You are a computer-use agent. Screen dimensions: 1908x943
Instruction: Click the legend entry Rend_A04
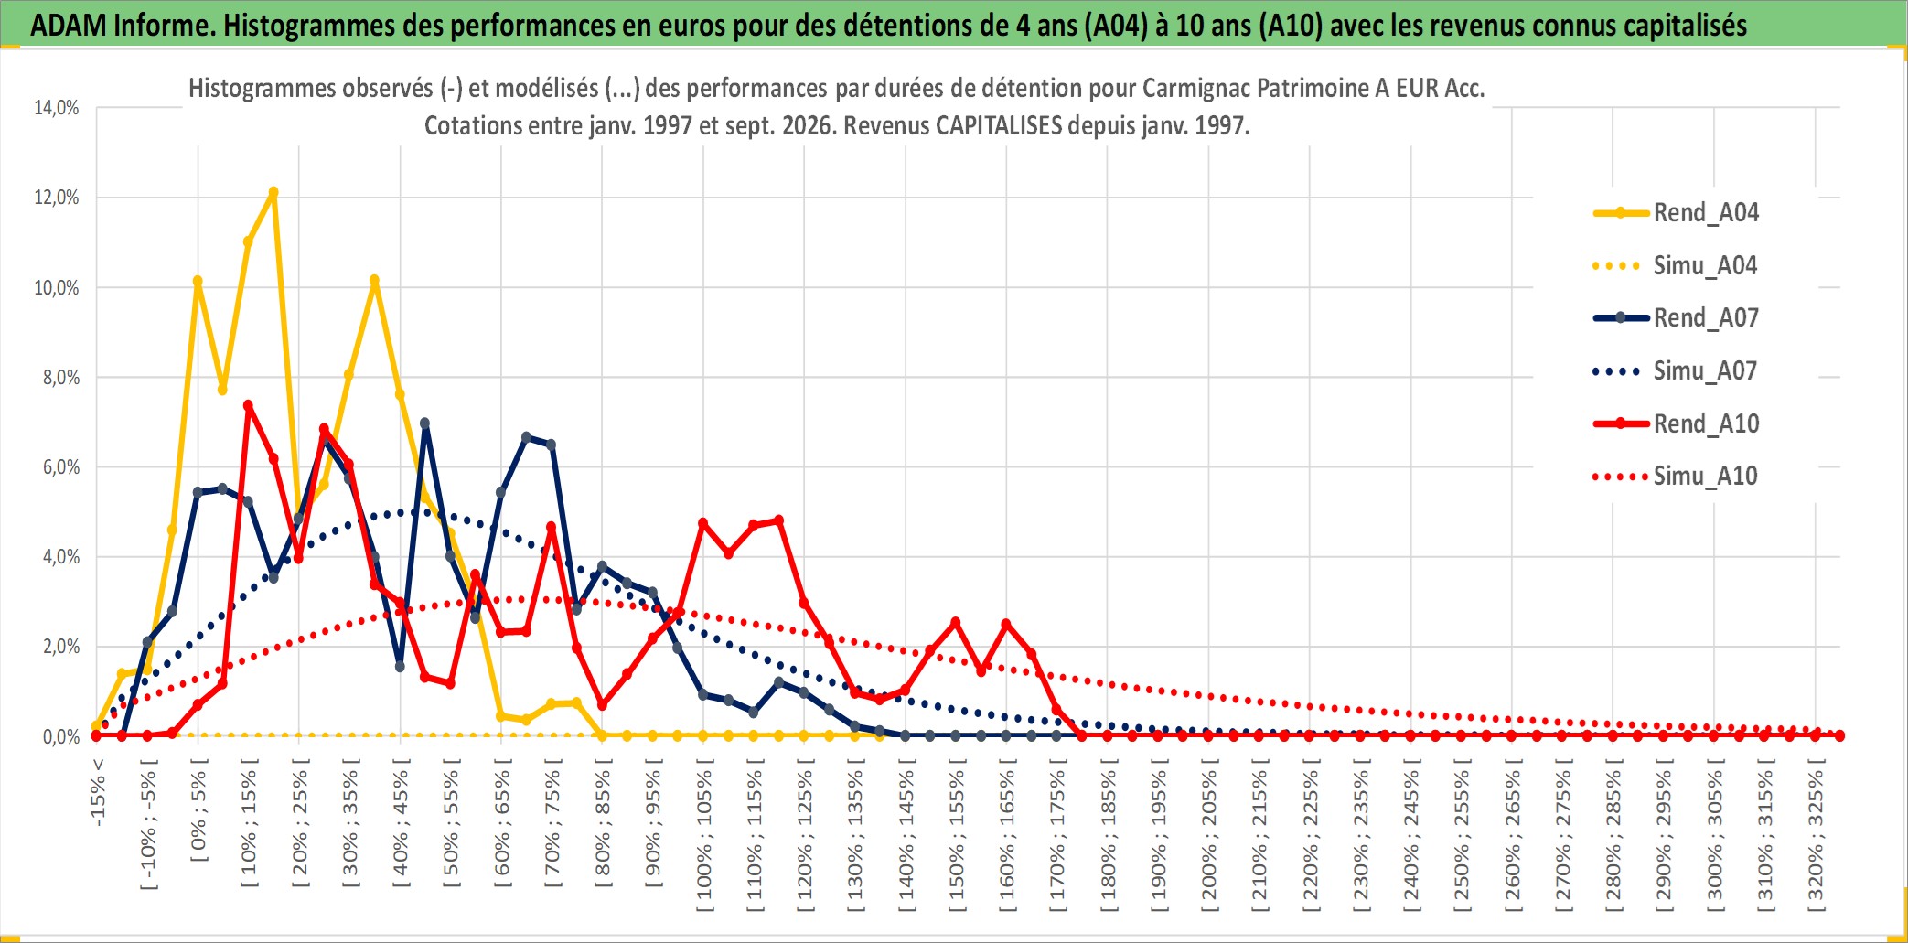click(1676, 213)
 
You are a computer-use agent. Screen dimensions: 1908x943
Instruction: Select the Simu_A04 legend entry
click(1675, 266)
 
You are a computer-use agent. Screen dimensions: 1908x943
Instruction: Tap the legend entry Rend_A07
click(1676, 318)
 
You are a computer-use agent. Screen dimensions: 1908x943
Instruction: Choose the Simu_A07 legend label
click(1675, 371)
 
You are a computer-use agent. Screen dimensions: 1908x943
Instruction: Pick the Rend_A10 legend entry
click(1676, 424)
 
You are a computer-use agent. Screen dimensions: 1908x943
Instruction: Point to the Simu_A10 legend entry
click(1675, 477)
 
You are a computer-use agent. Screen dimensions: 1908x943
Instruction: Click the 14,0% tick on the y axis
click(57, 108)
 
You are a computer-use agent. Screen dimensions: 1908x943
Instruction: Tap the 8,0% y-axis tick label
click(61, 378)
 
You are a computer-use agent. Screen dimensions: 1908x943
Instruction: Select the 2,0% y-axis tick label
click(61, 647)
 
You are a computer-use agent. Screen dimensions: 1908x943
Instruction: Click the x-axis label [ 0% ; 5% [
click(198, 809)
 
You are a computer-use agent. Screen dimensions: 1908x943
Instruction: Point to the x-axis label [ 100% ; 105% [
click(704, 834)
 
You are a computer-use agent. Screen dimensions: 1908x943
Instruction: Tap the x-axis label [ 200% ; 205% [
click(1209, 834)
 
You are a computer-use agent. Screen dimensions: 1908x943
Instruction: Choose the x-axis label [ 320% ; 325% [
click(1816, 834)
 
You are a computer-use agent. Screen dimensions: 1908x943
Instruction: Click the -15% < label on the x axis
click(98, 792)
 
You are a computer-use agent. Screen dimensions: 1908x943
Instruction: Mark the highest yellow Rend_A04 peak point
click(273, 192)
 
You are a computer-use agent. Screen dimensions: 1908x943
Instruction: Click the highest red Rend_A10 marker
click(248, 405)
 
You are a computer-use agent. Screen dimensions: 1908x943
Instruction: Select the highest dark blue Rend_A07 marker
click(425, 423)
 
